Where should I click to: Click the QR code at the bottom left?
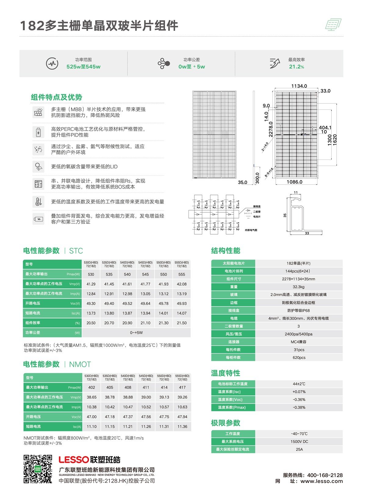pyautogui.click(x=38, y=469)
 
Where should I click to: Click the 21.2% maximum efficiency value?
pyautogui.click(x=296, y=67)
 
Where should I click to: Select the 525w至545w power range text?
pyautogui.click(x=83, y=67)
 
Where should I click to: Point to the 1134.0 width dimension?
pyautogui.click(x=299, y=86)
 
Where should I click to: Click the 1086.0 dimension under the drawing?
pyautogui.click(x=294, y=182)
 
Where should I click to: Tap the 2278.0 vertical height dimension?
pyautogui.click(x=271, y=129)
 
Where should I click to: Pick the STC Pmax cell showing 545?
pyautogui.click(x=145, y=274)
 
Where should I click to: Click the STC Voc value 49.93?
pyautogui.click(x=182, y=304)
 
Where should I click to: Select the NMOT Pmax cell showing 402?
pyautogui.click(x=91, y=387)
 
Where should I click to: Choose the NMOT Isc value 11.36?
pyautogui.click(x=182, y=427)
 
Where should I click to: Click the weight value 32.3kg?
pyautogui.click(x=299, y=287)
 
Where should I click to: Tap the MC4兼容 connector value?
pyautogui.click(x=299, y=342)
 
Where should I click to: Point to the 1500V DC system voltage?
pyautogui.click(x=299, y=441)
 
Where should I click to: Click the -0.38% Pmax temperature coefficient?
pyautogui.click(x=299, y=407)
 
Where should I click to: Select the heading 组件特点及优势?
pyautogui.click(x=56, y=97)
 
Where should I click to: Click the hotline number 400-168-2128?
pyautogui.click(x=325, y=475)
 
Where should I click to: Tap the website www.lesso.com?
pyautogui.click(x=321, y=481)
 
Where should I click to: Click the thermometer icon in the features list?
pyautogui.click(x=38, y=202)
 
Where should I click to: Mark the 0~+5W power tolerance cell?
pyautogui.click(x=136, y=333)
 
